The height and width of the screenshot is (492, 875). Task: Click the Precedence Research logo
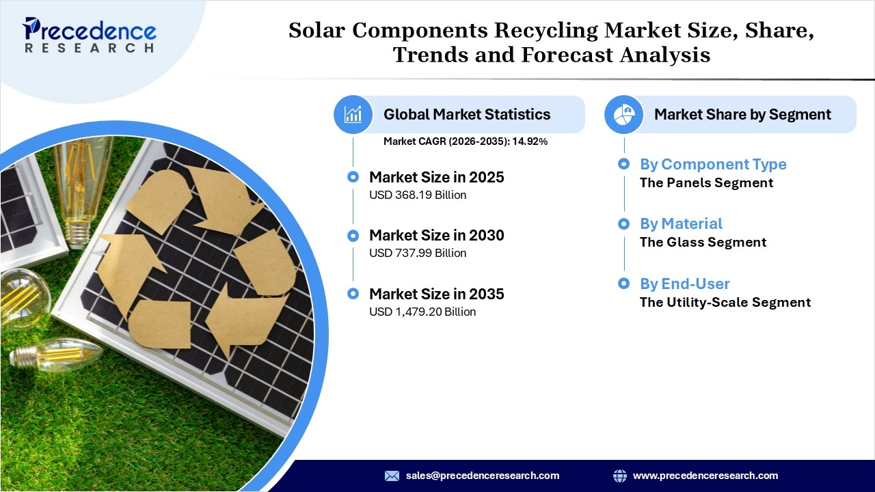point(90,35)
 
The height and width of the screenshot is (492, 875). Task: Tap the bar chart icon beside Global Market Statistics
point(353,114)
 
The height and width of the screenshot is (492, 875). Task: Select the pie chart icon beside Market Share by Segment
point(623,114)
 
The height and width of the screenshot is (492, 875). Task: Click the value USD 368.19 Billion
point(417,195)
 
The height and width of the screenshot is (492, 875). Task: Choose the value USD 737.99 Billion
point(417,254)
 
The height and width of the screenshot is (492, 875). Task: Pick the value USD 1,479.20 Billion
point(422,312)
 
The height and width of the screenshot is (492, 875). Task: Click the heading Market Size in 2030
point(436,236)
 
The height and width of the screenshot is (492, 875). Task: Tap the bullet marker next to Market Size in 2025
point(353,177)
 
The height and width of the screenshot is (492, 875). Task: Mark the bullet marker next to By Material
point(623,223)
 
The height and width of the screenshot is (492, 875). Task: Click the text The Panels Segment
point(706,183)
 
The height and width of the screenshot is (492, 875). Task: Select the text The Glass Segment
point(703,243)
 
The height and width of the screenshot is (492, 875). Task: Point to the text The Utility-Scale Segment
point(725,303)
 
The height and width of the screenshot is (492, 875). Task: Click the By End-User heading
point(684,284)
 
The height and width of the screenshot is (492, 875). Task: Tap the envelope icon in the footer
point(392,476)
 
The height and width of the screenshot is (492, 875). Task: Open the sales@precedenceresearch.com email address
point(483,476)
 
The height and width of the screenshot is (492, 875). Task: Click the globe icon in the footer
point(620,476)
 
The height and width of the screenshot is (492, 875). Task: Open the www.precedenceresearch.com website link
point(705,476)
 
